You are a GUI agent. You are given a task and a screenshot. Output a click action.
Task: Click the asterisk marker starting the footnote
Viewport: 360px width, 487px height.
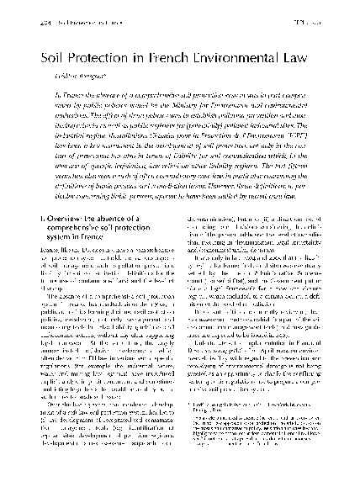[188, 431]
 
